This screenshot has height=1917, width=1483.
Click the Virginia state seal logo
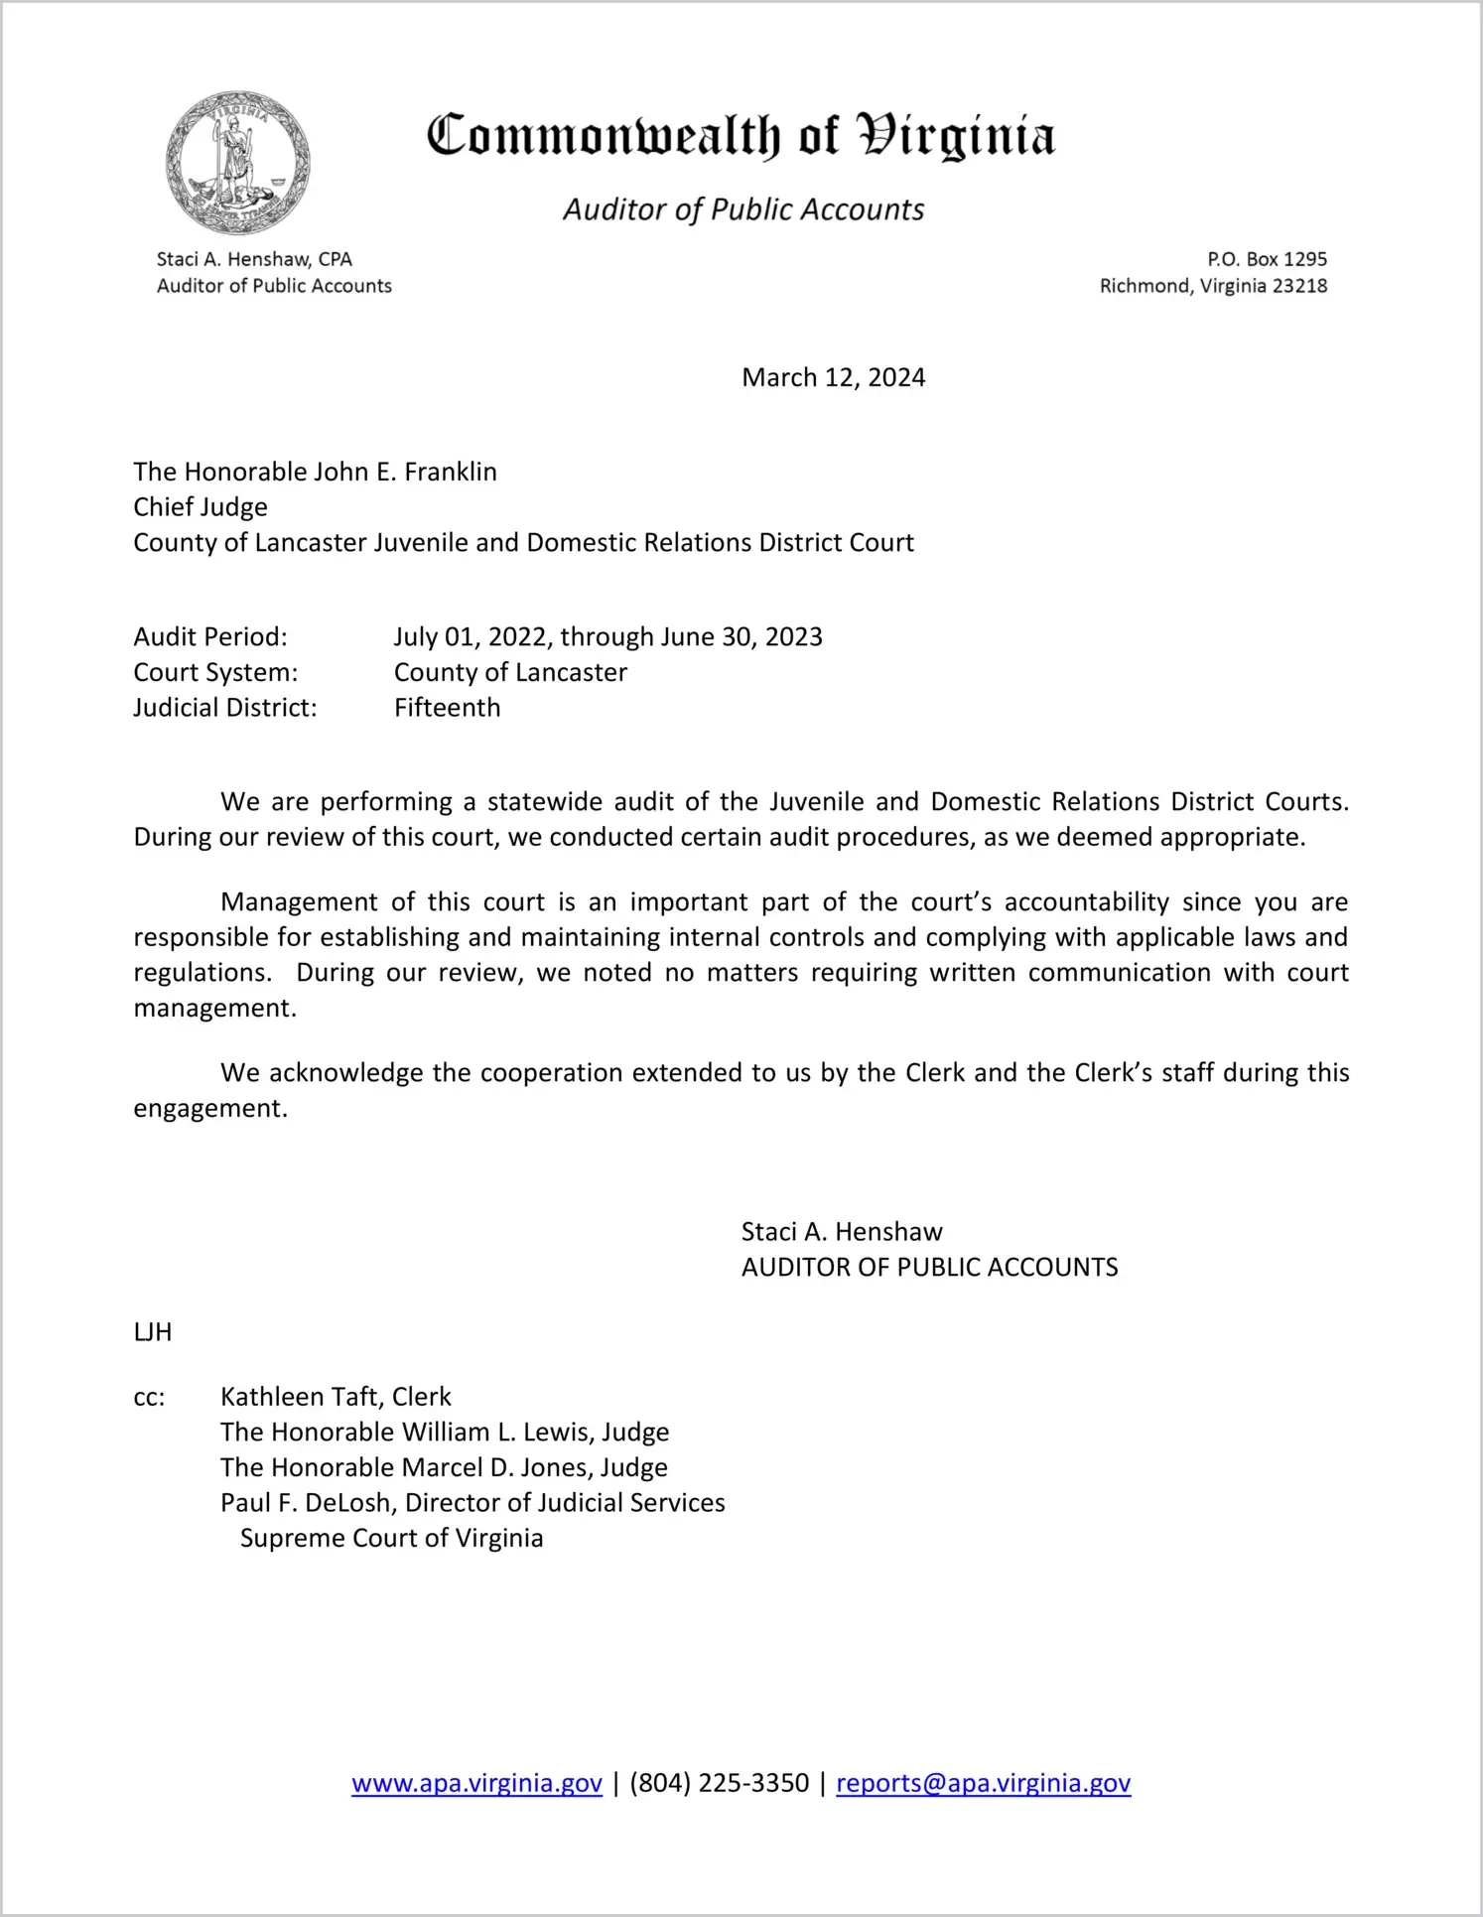coord(238,164)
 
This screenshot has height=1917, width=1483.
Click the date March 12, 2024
coord(833,378)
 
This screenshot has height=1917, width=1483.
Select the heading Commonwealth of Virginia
coord(741,136)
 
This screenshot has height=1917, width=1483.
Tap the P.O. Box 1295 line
coord(1267,259)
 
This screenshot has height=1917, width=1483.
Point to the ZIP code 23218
coord(1299,286)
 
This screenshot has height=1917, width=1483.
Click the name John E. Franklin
coord(405,472)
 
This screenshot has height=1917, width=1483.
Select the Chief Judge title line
coord(201,507)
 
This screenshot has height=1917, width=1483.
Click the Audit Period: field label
coord(210,636)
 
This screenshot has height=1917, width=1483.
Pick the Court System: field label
coord(215,672)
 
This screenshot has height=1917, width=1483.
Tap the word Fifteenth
coord(447,708)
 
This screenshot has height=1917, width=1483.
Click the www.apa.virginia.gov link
coord(476,1783)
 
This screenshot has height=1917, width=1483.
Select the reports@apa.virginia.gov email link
coord(983,1783)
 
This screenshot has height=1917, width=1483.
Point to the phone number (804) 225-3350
coord(719,1783)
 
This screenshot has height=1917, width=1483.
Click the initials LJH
coord(153,1332)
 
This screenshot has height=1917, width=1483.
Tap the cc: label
coord(149,1397)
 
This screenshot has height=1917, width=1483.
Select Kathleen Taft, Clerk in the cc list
coord(336,1397)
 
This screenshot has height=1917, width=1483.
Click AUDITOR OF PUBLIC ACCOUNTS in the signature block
coord(929,1268)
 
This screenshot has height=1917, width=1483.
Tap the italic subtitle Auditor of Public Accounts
coord(743,209)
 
